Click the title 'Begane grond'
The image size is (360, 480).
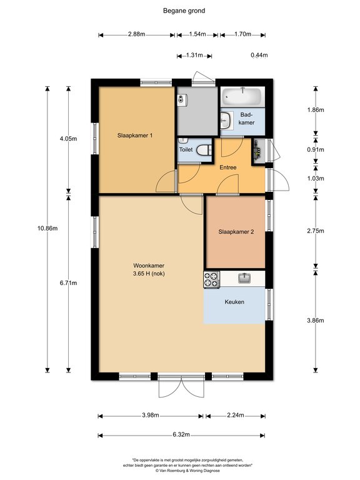point(184,11)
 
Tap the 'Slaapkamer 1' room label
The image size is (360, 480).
point(135,135)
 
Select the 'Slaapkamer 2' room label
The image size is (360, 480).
point(236,232)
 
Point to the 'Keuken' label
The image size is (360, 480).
point(234,302)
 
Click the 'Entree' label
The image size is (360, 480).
point(228,167)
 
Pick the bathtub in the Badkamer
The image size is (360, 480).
point(242,96)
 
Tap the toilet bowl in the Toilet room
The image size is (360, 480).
point(204,150)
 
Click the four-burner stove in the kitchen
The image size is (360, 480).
point(211,279)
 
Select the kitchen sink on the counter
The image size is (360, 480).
point(244,278)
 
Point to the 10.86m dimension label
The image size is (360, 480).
point(47,228)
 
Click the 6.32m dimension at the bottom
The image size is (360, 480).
point(181,435)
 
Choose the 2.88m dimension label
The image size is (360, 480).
point(136,34)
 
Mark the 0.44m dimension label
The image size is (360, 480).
point(259,55)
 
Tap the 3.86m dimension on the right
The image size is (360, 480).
point(315,321)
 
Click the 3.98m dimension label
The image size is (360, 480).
point(150,415)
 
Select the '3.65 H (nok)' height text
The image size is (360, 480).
point(149,274)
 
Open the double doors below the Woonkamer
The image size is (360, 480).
point(181,386)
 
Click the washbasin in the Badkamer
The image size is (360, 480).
point(226,120)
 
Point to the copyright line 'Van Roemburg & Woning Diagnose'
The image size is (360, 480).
point(187,471)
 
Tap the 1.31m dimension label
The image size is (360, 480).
point(194,56)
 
